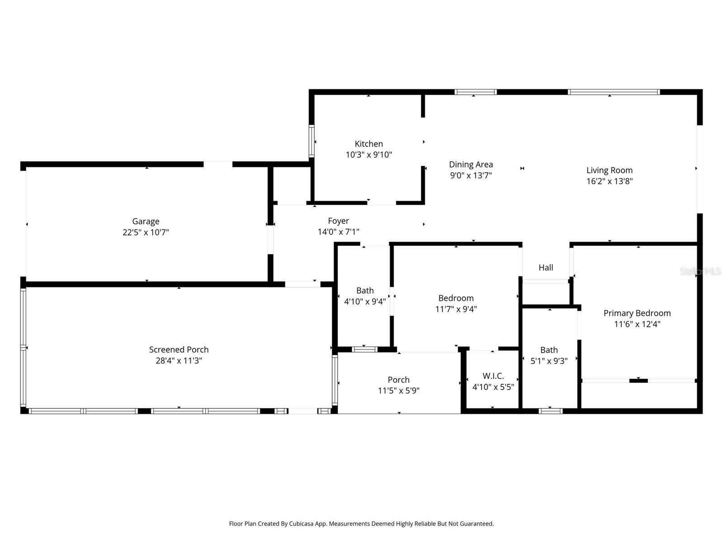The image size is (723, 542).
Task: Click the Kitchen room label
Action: pos(369,144)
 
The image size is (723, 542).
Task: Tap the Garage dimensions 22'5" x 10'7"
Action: pos(146,232)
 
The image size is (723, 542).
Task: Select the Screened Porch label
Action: pos(179,350)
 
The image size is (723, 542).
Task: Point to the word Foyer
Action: pos(338,221)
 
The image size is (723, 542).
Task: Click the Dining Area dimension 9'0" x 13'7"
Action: pos(471,175)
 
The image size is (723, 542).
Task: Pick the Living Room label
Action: pos(609,170)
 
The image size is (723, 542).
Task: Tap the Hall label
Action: pos(546,267)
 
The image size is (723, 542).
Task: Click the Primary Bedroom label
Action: pos(637,313)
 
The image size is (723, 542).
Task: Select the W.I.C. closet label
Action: pos(493,376)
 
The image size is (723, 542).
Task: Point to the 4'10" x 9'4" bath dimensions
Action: pos(365,301)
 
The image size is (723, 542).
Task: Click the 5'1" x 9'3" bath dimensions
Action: pos(549,361)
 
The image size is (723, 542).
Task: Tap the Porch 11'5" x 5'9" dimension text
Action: pos(399,391)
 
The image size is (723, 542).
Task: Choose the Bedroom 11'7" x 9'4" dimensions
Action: pos(456,309)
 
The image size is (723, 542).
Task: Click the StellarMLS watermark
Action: pos(700,271)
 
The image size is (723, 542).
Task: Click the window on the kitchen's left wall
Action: pos(311,141)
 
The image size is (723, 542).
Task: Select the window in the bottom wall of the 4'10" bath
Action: pos(365,349)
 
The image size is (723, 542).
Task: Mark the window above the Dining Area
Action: pos(475,92)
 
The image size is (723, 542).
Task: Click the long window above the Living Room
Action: pos(614,92)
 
